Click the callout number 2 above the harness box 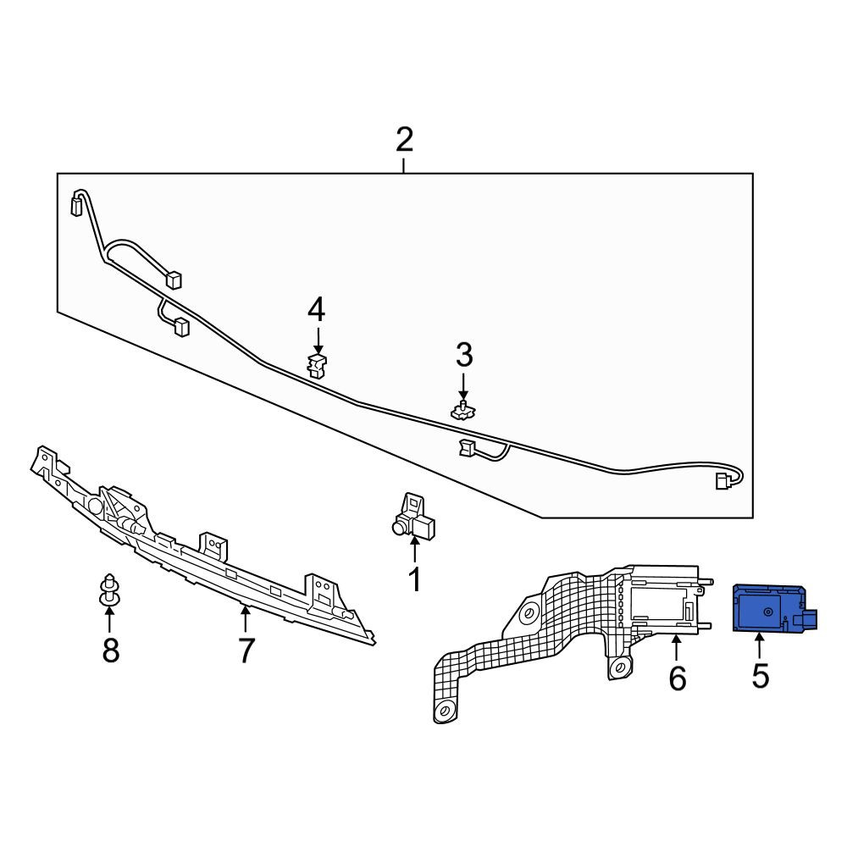click(404, 140)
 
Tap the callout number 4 click(317, 310)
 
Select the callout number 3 click(464, 356)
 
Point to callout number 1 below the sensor click(414, 580)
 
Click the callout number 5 click(760, 675)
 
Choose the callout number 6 click(678, 678)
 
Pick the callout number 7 click(246, 650)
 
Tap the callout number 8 click(110, 650)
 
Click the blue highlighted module click(774, 607)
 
